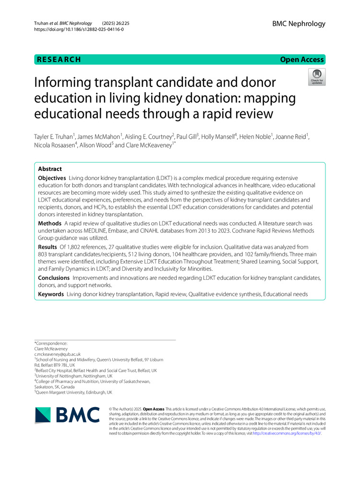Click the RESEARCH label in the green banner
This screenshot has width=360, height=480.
click(58, 60)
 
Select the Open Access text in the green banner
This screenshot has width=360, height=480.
click(302, 60)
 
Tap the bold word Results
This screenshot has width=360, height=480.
click(48, 247)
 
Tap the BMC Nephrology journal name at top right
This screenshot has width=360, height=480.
click(299, 24)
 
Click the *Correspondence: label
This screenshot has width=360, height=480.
click(51, 343)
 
